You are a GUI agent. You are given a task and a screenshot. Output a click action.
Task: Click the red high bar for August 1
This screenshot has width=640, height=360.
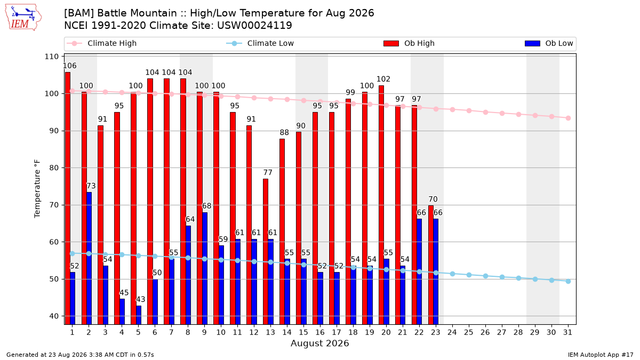[x=67, y=198]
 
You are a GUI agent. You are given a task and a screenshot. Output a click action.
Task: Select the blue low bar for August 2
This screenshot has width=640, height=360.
[x=89, y=258]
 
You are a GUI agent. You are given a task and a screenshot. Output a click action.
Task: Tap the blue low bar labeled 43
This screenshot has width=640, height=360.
[x=139, y=315]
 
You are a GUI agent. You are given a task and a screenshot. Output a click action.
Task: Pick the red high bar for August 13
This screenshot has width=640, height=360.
[x=266, y=252]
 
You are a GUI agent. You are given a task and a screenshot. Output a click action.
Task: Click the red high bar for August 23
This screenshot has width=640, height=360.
[x=431, y=265]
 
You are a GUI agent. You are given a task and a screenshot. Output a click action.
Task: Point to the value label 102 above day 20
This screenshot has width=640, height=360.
[x=383, y=79]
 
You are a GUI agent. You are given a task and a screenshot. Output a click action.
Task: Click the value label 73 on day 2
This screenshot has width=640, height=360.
[x=91, y=186]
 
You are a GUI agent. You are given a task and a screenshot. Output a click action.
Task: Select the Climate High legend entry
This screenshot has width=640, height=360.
[x=102, y=43]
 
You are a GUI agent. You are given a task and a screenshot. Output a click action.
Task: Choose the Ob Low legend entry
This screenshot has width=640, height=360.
[x=549, y=43]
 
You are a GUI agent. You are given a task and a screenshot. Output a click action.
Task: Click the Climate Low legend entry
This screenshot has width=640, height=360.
[x=260, y=43]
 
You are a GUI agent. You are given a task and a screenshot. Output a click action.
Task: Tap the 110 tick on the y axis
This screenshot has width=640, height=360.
[x=51, y=57]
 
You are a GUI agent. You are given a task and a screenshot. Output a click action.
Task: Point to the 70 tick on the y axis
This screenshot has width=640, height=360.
[x=54, y=205]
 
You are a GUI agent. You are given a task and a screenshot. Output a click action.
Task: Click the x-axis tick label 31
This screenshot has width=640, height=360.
[x=567, y=332]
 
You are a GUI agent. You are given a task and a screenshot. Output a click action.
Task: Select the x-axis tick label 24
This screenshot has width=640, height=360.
[x=452, y=332]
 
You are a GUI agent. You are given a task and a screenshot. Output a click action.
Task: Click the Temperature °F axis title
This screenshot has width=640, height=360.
[x=37, y=189]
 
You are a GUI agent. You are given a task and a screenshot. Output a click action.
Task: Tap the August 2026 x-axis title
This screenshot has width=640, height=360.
[x=319, y=343]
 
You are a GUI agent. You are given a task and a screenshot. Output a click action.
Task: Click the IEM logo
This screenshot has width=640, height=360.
[x=23, y=17]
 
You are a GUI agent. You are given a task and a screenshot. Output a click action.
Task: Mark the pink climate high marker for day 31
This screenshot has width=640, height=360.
[x=568, y=118]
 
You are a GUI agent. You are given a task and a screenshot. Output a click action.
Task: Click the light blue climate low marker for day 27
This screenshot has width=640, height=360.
[x=502, y=277]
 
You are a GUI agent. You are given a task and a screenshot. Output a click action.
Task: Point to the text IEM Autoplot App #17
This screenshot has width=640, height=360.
[x=601, y=355]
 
